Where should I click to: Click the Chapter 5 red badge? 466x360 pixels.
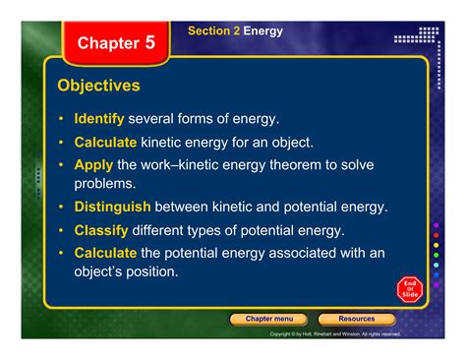(x=116, y=43)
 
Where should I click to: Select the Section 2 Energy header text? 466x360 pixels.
(x=235, y=31)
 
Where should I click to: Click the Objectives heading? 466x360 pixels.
(x=98, y=87)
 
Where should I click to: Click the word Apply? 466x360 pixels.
(x=93, y=164)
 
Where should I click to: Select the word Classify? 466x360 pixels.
(x=101, y=230)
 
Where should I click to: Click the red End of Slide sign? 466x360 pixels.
(x=410, y=289)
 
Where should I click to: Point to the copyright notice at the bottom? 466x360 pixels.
(x=334, y=333)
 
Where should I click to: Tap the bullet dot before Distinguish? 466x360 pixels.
(x=62, y=208)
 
